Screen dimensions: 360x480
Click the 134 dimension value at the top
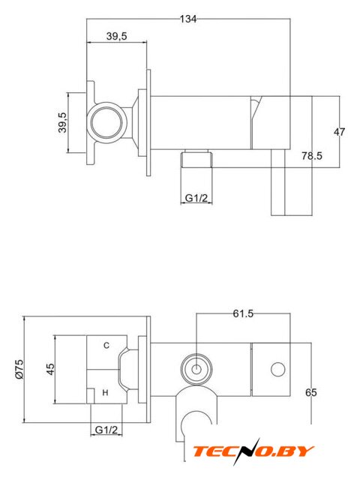[188, 19]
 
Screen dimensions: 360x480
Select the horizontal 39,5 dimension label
[117, 36]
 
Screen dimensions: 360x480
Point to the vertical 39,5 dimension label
[62, 122]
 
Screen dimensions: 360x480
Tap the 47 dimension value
[339, 132]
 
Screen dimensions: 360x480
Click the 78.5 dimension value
[312, 156]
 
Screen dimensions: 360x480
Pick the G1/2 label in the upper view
[196, 198]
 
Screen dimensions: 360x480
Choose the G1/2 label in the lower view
[106, 430]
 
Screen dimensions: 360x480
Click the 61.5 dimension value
[243, 313]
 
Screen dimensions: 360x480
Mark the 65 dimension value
[311, 392]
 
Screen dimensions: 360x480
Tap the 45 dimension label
[50, 369]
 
